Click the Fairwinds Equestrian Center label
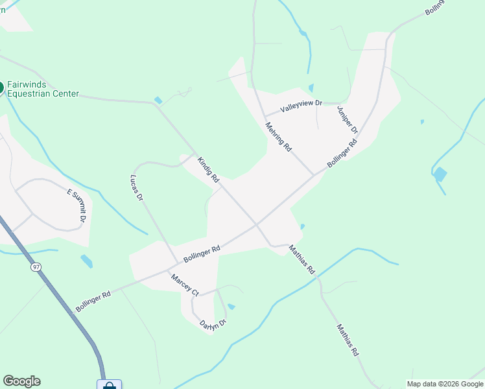[42, 89]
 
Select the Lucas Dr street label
[136, 189]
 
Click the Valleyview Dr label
[301, 108]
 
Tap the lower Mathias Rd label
[348, 340]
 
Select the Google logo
[21, 381]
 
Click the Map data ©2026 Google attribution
[445, 384]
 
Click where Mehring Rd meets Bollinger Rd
[314, 174]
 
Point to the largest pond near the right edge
[440, 174]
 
